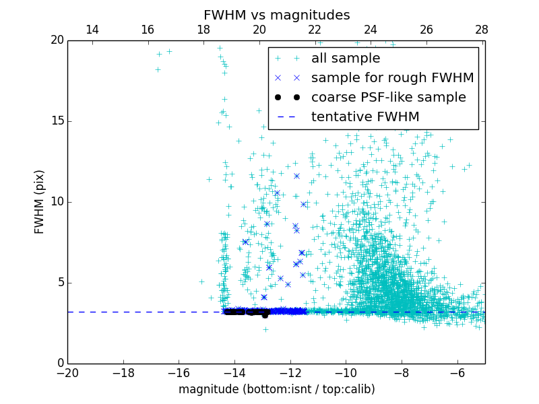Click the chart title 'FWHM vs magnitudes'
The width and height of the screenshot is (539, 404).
[x=276, y=15]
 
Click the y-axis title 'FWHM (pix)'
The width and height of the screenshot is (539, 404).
[x=40, y=202]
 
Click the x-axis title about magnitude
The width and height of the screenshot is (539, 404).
[x=276, y=389]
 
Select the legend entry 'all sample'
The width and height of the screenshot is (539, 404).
[x=345, y=59]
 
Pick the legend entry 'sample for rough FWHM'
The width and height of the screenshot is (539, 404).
[x=392, y=78]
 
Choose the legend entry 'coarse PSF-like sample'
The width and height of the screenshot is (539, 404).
[x=388, y=98]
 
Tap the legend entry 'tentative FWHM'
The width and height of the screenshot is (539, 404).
[x=364, y=117]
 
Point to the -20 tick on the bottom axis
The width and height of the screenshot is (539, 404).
[x=67, y=372]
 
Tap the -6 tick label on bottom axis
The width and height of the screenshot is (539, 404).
[x=457, y=372]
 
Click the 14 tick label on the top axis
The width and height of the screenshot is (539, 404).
[x=92, y=30]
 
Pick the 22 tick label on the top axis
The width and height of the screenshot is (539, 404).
[x=315, y=30]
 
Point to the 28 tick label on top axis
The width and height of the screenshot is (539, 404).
[x=482, y=30]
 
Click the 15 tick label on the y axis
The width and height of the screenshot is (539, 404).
[x=57, y=121]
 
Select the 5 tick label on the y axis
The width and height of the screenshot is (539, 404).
[x=60, y=283]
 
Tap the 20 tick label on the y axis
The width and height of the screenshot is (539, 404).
[x=57, y=40]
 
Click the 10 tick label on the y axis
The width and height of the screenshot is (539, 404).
[x=57, y=202]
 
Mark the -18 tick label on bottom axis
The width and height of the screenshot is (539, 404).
[x=123, y=372]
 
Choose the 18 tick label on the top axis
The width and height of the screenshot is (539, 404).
[x=203, y=30]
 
